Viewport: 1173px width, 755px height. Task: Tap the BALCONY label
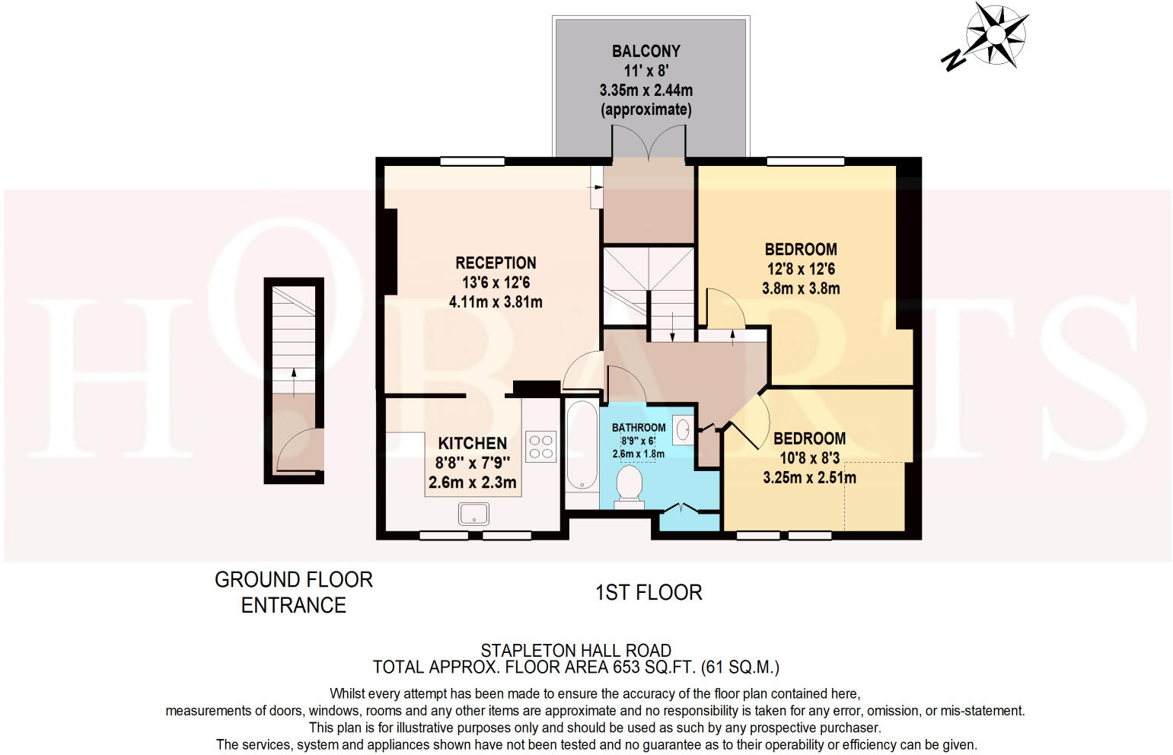(x=645, y=51)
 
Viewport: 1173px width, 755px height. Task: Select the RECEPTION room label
(x=496, y=263)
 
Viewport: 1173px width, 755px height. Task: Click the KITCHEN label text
(x=472, y=443)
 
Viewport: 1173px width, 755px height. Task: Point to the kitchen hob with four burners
(x=541, y=446)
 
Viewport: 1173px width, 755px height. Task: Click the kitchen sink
(x=473, y=514)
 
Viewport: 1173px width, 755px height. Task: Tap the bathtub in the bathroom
(x=582, y=445)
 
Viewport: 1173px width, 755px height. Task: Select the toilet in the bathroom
(x=630, y=486)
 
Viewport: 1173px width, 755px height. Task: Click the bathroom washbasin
(x=683, y=428)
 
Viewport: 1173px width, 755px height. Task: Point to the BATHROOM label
(x=639, y=428)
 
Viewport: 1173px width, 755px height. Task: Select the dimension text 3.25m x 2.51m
(x=809, y=478)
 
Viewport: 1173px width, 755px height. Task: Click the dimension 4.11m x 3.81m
(x=496, y=302)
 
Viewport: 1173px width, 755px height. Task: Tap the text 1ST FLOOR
(x=649, y=592)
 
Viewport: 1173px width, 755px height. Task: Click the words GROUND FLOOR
(x=294, y=580)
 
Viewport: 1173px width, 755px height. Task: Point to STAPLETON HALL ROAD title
(x=575, y=651)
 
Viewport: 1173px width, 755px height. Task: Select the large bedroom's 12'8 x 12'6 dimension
(x=801, y=269)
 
